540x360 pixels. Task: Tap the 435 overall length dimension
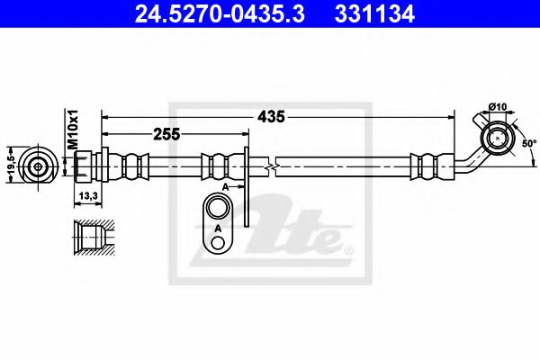[273, 116]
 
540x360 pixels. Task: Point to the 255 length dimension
[166, 133]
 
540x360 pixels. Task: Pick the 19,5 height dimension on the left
[10, 166]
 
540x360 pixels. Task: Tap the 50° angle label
[528, 143]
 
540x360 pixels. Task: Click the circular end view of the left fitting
[37, 166]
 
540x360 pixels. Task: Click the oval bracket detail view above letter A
[218, 213]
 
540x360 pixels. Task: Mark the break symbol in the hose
[271, 166]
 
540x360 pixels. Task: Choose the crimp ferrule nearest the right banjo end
[425, 166]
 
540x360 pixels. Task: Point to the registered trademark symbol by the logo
[349, 249]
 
